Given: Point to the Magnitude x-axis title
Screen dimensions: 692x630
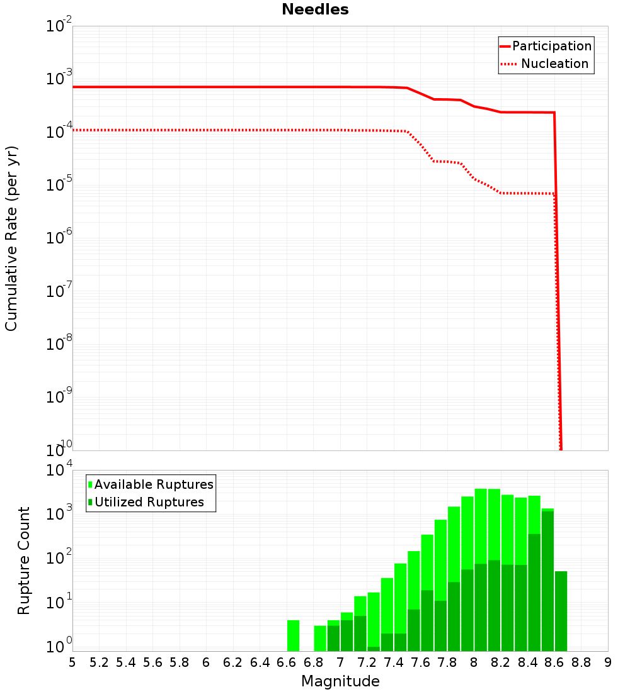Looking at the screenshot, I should click(340, 681).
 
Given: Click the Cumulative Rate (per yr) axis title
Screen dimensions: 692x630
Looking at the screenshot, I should click(11, 238).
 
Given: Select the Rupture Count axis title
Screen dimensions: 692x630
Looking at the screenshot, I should click(24, 561).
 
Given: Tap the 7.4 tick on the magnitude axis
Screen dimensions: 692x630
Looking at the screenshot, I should click(394, 662).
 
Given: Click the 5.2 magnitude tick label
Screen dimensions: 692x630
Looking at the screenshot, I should click(99, 662).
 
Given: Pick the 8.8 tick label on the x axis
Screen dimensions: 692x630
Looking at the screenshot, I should click(581, 662).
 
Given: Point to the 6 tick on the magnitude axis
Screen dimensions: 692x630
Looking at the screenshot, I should click(206, 662).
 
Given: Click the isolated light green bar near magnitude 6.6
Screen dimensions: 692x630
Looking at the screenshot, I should click(293, 635).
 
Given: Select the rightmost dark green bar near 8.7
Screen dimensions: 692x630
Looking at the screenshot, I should click(561, 610).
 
